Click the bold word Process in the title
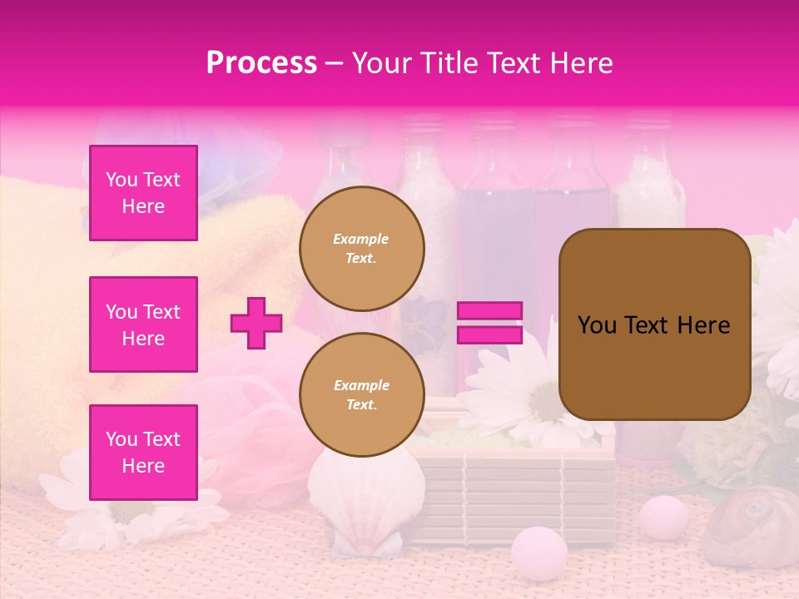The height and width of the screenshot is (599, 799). click(261, 63)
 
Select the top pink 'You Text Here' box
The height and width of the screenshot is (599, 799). click(143, 193)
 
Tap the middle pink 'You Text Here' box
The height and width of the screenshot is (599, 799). click(143, 324)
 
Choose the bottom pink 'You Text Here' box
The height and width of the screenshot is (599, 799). click(143, 452)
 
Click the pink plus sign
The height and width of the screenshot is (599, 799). click(256, 323)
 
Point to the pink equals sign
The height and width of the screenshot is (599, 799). click(489, 323)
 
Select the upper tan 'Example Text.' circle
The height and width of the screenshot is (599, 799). click(362, 248)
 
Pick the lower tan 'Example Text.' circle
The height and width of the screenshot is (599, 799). click(362, 394)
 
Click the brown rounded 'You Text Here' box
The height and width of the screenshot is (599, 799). click(654, 324)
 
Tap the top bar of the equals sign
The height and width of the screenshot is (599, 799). click(489, 311)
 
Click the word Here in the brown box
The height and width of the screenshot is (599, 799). click(703, 325)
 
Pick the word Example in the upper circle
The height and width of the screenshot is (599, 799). click(360, 239)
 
